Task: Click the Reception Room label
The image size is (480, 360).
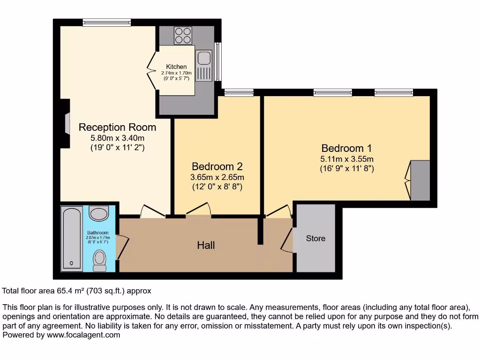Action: [x=117, y=127]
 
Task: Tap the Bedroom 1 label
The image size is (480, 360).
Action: [x=347, y=148]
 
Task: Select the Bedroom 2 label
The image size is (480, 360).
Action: [x=217, y=166]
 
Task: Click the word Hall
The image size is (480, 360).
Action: [x=206, y=245]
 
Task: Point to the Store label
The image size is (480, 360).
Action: [x=315, y=238]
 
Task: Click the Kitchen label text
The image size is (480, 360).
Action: [x=176, y=67]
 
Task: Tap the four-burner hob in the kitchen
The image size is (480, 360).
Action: [x=183, y=36]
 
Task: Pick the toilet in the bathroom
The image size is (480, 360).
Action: [x=100, y=260]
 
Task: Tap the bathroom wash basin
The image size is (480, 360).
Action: [x=98, y=214]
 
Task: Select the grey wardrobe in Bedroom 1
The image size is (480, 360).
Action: [x=420, y=180]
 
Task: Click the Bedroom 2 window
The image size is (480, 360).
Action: [x=239, y=92]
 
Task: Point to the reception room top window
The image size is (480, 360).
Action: [x=107, y=22]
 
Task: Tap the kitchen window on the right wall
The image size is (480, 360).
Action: [x=218, y=61]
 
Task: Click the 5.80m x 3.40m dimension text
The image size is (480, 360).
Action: [x=117, y=138]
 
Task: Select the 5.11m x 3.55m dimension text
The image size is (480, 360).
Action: [x=347, y=159]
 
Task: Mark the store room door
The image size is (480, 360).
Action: [x=287, y=240]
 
